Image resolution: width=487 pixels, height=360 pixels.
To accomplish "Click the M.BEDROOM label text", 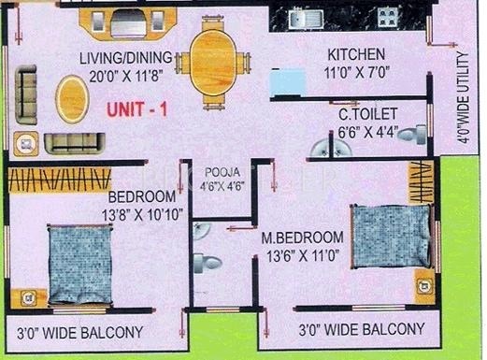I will pyautogui.click(x=302, y=237).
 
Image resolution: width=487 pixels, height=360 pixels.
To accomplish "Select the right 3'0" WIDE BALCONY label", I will pyautogui.click(x=361, y=329).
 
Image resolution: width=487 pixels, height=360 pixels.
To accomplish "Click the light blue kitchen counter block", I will pyautogui.click(x=295, y=81).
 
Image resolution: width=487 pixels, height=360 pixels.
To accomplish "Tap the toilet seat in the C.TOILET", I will pyautogui.click(x=409, y=137).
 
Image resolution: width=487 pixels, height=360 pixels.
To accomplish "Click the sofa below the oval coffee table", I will pyautogui.click(x=70, y=142).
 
